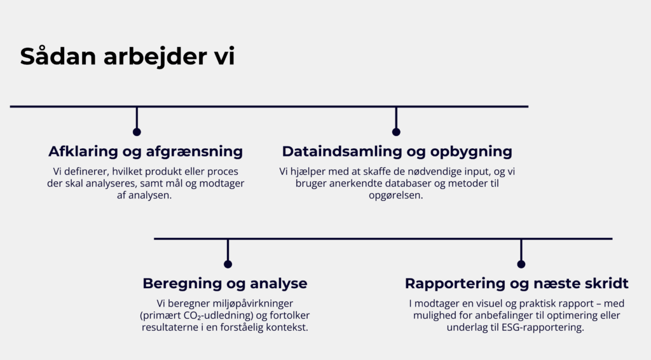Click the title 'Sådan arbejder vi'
(127, 57)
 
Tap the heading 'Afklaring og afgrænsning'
(146, 151)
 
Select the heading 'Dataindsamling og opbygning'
(397, 151)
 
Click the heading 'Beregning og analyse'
(224, 283)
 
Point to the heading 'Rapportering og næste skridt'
(516, 283)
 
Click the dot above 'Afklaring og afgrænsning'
(137, 132)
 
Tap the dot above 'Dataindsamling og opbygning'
(396, 132)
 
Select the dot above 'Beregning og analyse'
(228, 264)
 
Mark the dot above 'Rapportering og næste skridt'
(521, 264)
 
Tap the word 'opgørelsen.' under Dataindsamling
(396, 195)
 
